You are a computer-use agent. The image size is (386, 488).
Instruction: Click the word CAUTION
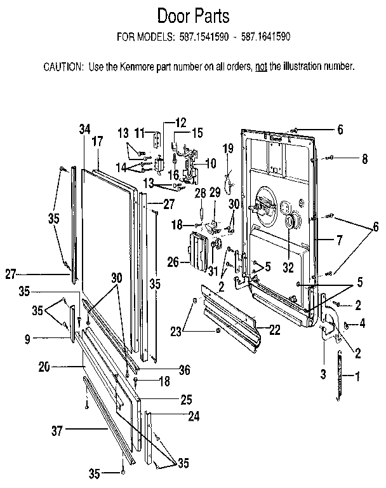point(63,66)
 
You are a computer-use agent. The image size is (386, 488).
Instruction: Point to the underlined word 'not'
point(260,66)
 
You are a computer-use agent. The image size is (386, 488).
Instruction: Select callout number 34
point(84,128)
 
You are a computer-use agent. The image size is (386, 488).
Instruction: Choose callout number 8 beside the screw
point(364,159)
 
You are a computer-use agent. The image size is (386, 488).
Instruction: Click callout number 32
point(289,269)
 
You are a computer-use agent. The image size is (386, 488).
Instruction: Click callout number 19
point(228,149)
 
